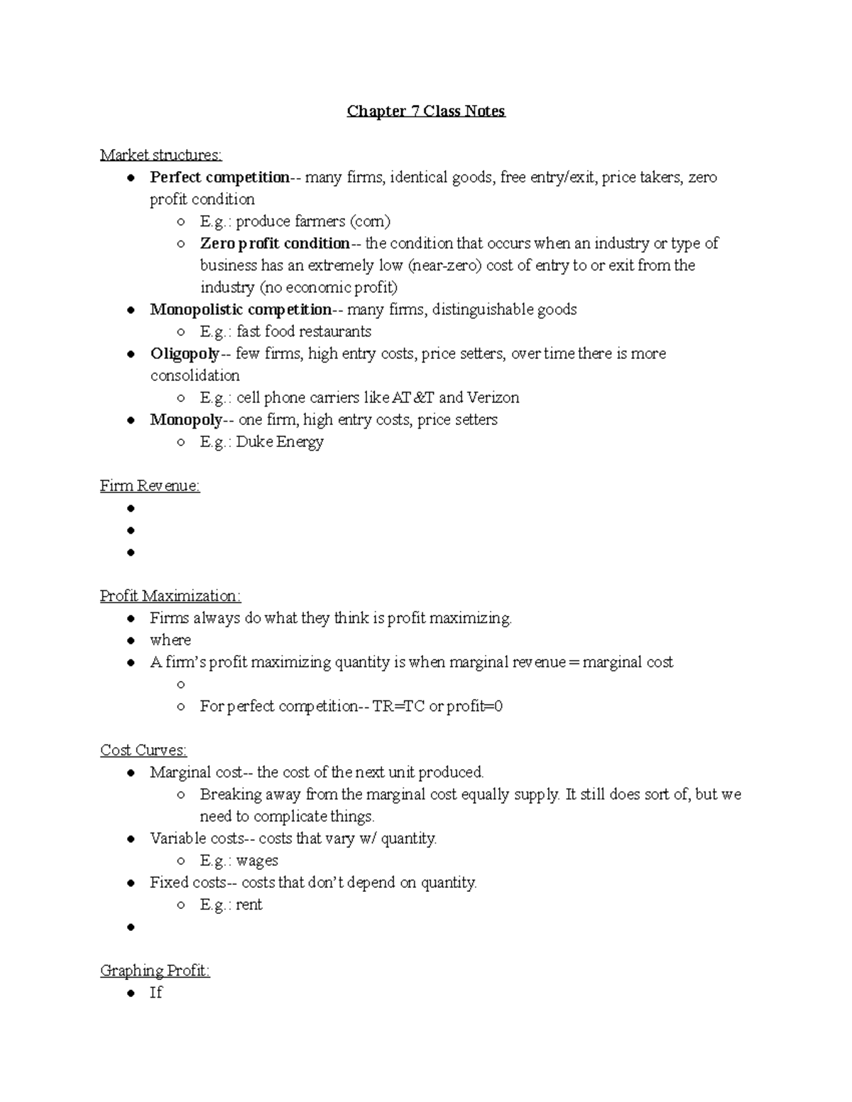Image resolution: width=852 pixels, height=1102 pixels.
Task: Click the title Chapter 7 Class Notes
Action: coord(426,111)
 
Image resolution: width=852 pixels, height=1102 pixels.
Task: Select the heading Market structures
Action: coord(160,155)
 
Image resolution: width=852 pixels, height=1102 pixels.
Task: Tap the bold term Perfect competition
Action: coord(219,177)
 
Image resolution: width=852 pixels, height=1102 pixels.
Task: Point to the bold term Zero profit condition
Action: coord(275,243)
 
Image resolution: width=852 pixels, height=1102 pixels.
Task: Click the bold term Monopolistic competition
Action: coord(241,309)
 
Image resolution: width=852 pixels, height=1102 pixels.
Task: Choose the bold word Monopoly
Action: coord(186,419)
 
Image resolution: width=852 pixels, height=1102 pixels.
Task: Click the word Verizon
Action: coord(493,397)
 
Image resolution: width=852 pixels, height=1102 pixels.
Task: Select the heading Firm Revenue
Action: coord(150,486)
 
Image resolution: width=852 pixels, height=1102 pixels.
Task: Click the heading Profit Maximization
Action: coord(170,596)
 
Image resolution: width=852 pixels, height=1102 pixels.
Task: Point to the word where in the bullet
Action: coord(170,640)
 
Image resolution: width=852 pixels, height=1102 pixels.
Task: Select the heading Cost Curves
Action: coord(143,750)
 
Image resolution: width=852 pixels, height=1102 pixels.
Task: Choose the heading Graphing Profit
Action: coord(155,971)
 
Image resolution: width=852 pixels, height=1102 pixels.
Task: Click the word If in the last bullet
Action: coord(156,993)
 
